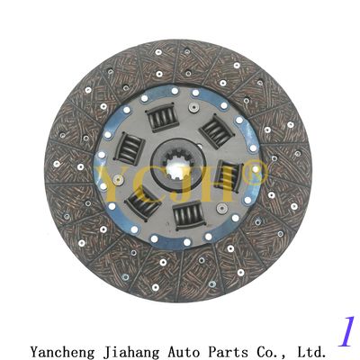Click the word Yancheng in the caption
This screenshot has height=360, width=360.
(x=62, y=351)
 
